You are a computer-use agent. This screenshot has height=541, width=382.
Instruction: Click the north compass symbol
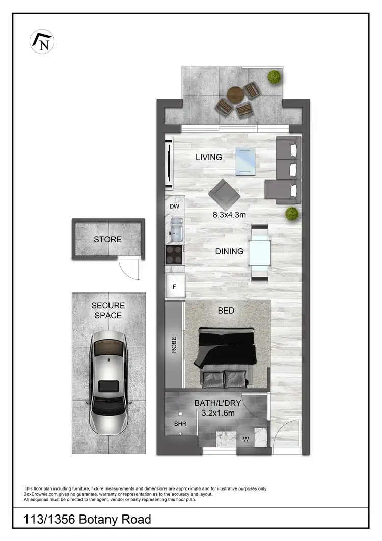tap(43, 41)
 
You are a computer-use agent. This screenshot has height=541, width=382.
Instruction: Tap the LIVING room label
tap(209, 157)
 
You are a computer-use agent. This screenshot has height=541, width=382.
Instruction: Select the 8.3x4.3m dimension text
tap(229, 215)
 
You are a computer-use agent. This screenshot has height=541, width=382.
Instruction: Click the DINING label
tap(229, 251)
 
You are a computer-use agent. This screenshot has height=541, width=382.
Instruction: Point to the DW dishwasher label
tap(174, 207)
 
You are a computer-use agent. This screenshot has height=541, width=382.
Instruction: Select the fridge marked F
tap(174, 286)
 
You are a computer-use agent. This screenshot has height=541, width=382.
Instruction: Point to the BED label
tap(226, 310)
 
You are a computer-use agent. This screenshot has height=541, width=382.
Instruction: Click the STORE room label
tap(107, 239)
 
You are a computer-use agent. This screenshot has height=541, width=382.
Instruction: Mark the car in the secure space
tap(108, 380)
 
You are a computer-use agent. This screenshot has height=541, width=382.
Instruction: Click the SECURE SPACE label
tap(107, 311)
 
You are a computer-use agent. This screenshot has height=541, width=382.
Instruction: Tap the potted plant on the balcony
tap(275, 77)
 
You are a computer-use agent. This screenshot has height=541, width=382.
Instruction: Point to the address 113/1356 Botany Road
tap(88, 519)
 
